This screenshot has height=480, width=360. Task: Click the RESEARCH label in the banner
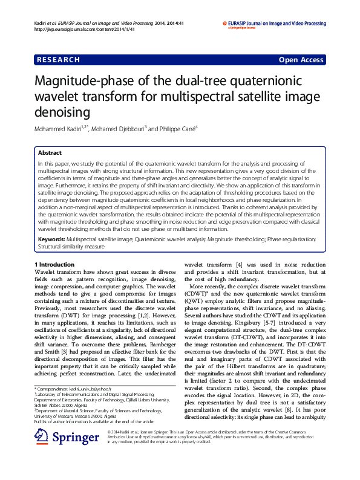(x=58, y=60)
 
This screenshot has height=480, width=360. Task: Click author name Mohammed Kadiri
(x=60, y=129)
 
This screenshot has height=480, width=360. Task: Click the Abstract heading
(x=50, y=153)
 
